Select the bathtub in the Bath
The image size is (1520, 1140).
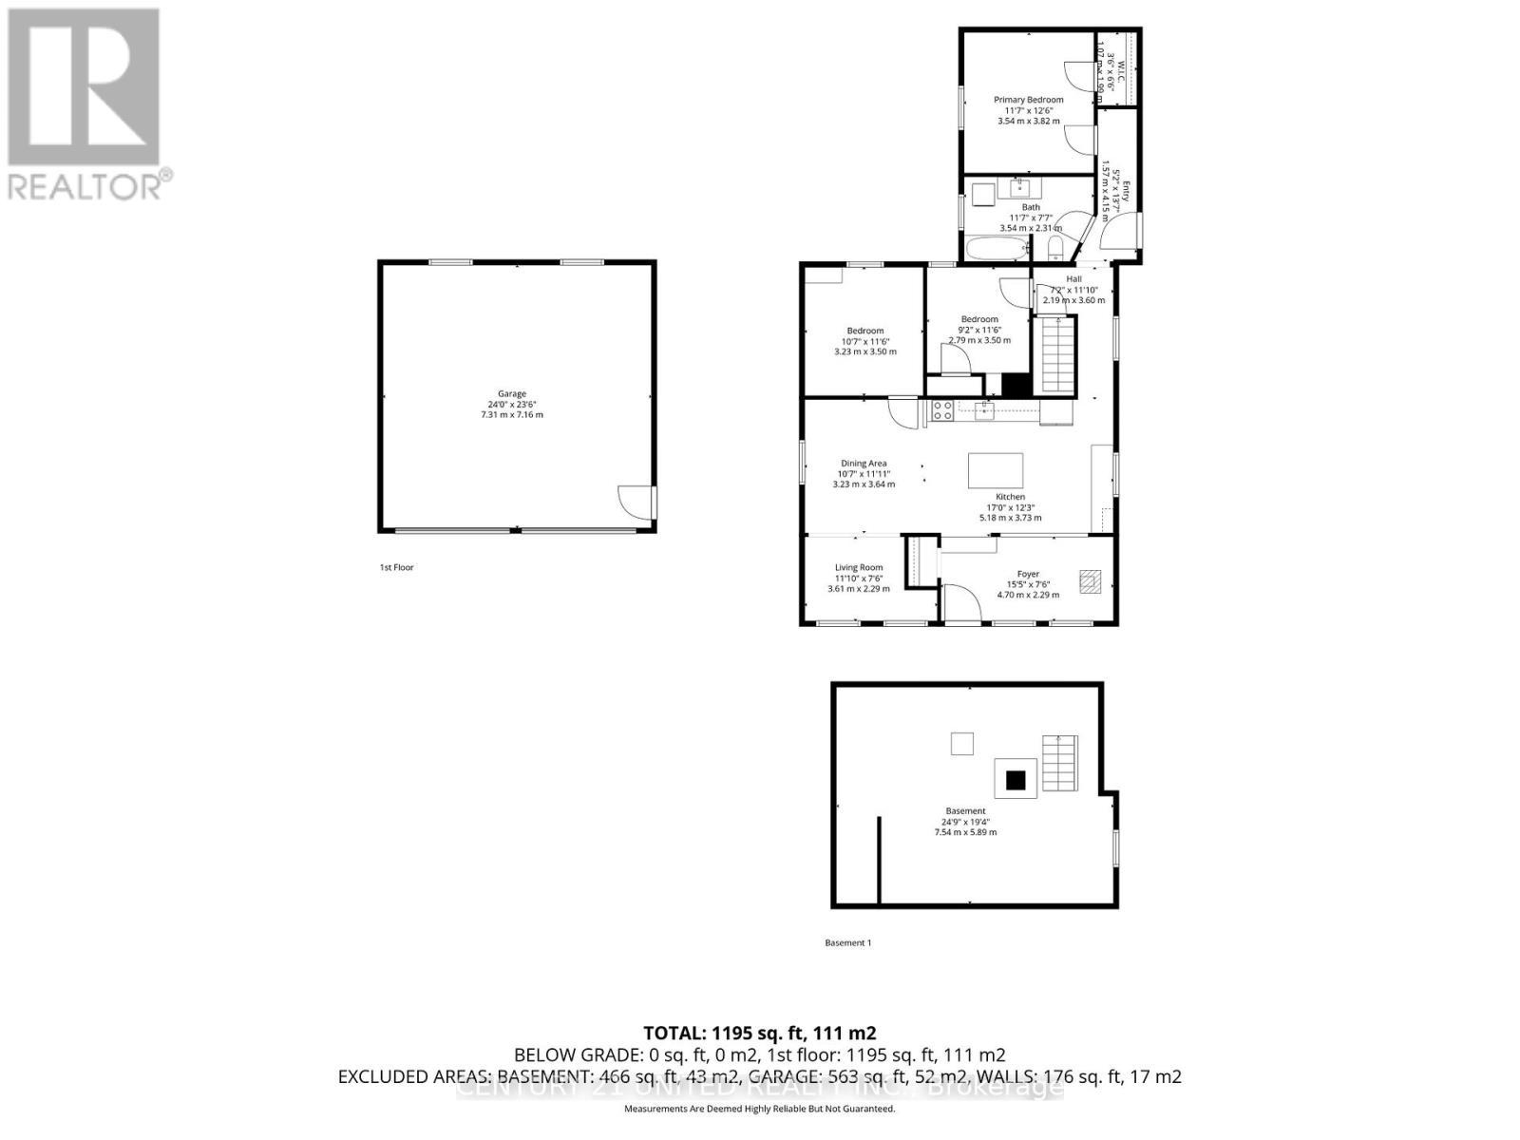[997, 251]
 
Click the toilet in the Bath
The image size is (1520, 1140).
[1055, 250]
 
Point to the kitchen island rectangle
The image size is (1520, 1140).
[996, 470]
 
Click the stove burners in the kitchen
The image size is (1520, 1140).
[942, 410]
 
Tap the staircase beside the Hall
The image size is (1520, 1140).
[1057, 355]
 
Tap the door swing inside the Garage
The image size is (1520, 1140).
[634, 501]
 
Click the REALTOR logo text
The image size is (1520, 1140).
[90, 184]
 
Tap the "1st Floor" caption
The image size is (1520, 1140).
[396, 567]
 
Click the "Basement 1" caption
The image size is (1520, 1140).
[847, 942]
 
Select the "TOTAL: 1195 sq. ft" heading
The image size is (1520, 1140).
[759, 1033]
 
